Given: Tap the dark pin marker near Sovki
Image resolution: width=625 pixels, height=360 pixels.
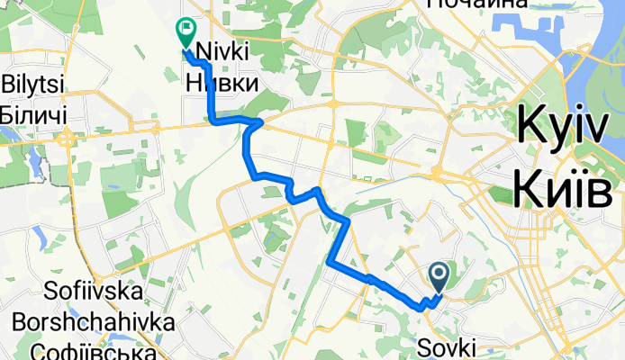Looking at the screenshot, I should click(440, 274).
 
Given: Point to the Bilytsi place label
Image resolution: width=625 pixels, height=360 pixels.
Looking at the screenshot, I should click(32, 85).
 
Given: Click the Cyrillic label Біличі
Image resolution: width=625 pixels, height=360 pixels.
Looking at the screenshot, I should click(32, 114).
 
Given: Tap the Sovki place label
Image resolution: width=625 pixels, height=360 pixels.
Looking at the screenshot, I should click(455, 346).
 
